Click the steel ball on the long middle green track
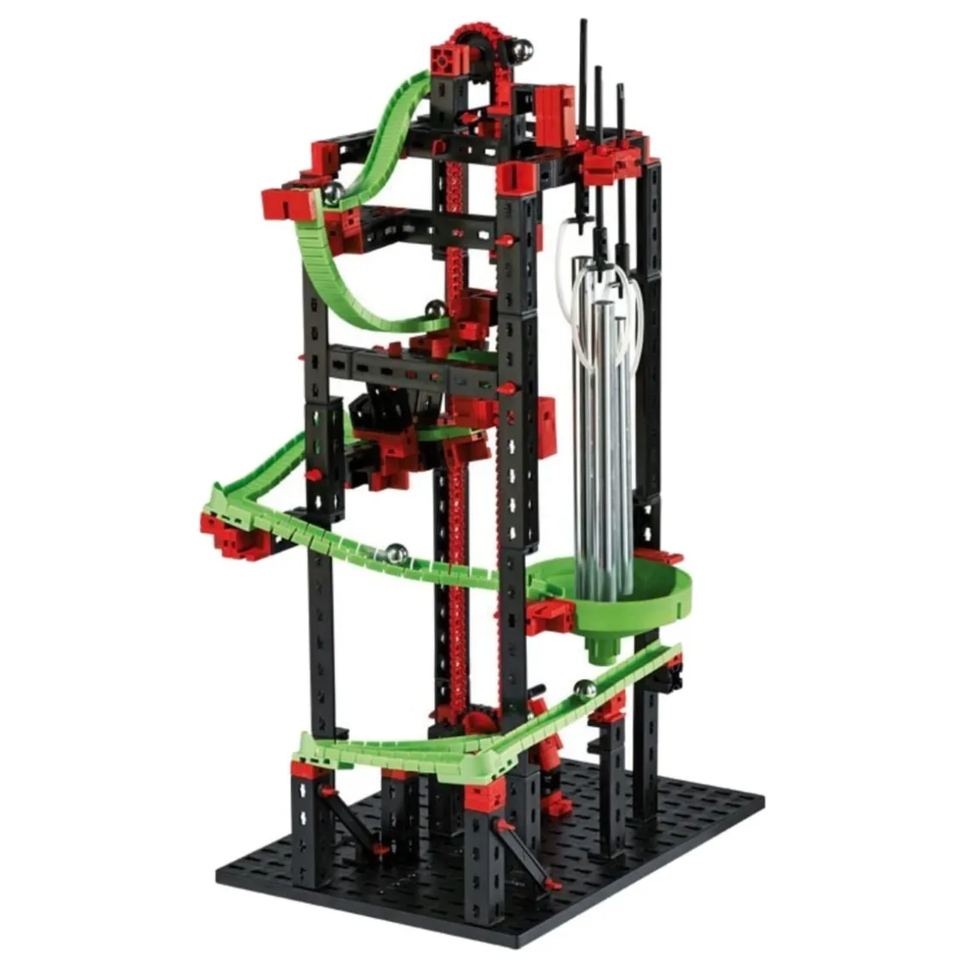pos(396,552)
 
